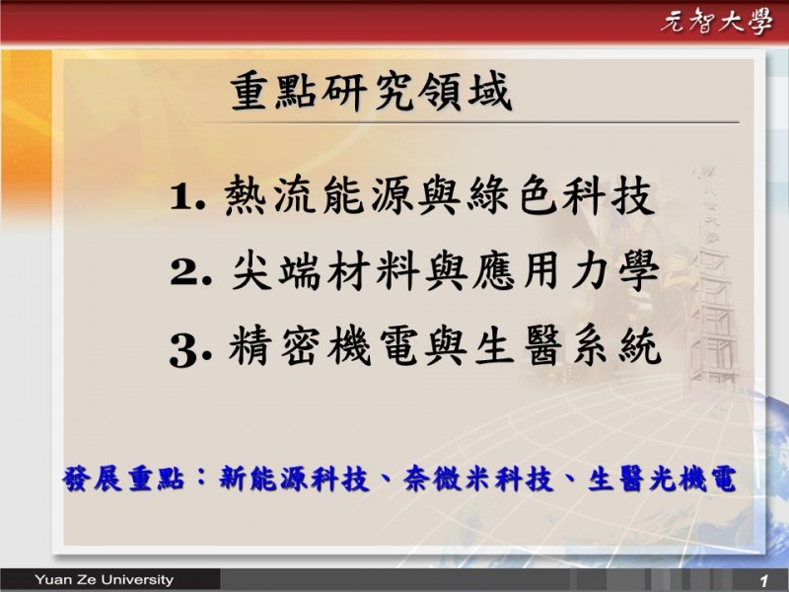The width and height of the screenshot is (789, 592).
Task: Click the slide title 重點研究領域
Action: coord(372,91)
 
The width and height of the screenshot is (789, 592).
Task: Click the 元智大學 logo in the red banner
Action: coord(716,22)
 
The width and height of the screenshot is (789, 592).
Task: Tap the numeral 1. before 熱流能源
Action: coord(187,196)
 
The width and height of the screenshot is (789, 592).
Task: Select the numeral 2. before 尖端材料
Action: coord(190,272)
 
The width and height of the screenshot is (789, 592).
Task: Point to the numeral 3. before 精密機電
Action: coord(190,350)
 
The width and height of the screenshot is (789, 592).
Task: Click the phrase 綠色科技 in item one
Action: coord(561,195)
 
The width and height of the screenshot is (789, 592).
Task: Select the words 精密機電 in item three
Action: coord(323,346)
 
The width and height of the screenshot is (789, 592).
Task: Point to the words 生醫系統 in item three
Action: coord(568,346)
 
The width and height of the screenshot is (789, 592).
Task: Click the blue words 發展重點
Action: coord(123,479)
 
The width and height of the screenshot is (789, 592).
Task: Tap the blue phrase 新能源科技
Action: coord(294,479)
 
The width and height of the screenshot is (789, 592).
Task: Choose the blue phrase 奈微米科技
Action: coord(478,479)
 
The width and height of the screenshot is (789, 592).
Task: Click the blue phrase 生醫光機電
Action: coord(662,479)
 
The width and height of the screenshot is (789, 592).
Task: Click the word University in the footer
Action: coord(137,580)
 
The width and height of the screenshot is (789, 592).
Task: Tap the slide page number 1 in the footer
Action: coord(763,581)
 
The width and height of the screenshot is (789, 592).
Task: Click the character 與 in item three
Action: coord(446,346)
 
